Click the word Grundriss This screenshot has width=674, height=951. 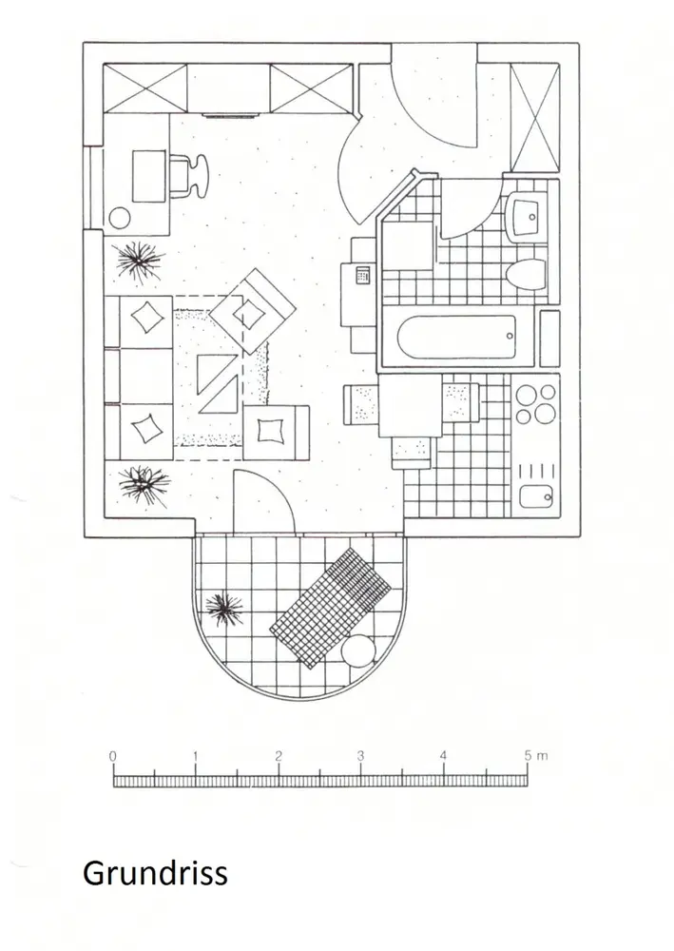click(155, 872)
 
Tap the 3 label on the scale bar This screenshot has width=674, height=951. click(360, 756)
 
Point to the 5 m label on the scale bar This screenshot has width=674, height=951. click(533, 756)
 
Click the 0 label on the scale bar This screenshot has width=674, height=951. click(113, 756)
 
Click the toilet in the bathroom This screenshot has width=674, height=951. click(526, 275)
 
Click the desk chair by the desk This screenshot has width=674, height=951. click(189, 174)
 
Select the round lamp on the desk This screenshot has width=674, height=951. click(121, 217)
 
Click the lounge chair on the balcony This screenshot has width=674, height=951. click(331, 608)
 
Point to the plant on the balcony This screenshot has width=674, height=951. click(225, 606)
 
